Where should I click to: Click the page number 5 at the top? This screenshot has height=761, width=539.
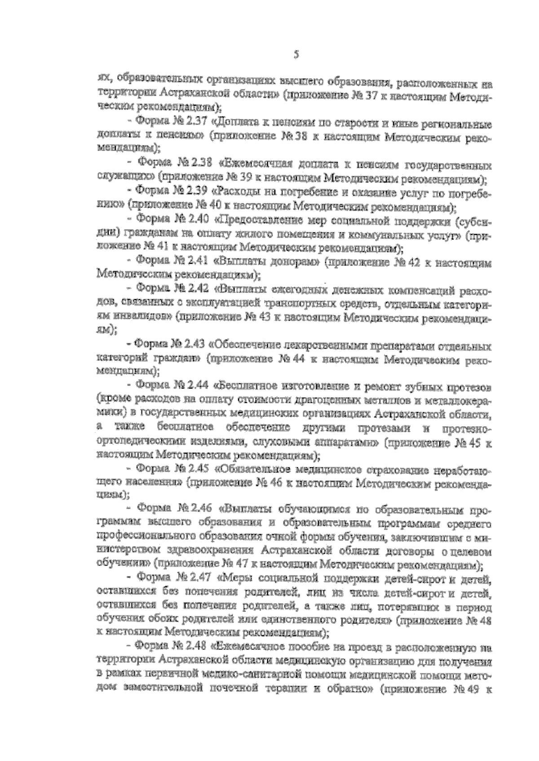tap(296, 55)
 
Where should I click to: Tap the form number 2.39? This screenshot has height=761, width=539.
tap(194, 190)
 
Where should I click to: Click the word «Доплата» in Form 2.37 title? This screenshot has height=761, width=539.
tap(241, 122)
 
